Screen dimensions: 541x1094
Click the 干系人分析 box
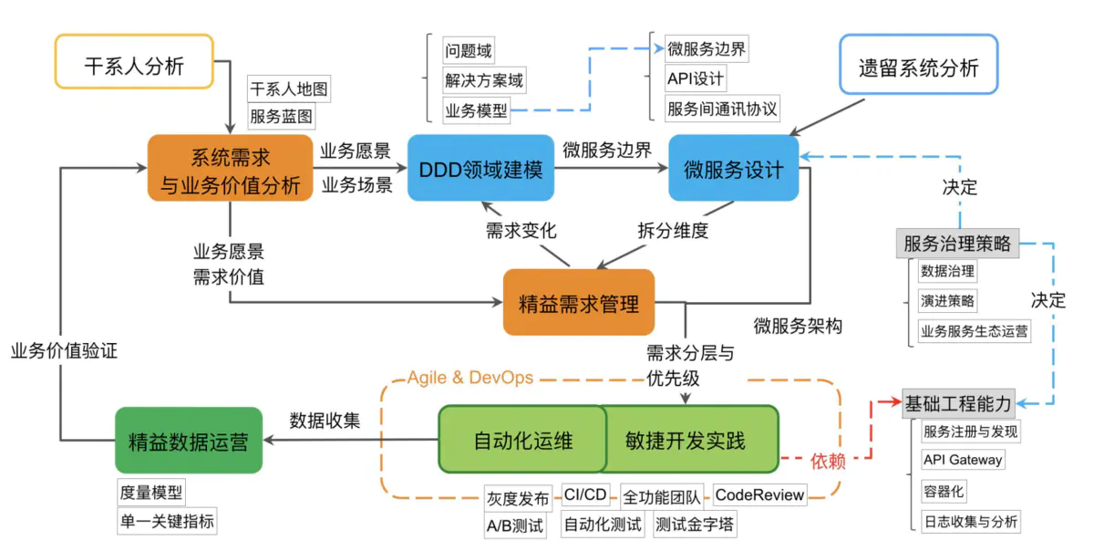pyautogui.click(x=134, y=62)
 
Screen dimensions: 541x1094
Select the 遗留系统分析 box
pyautogui.click(x=918, y=66)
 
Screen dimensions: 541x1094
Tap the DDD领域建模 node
pyautogui.click(x=480, y=168)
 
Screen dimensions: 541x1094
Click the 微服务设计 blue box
pyautogui.click(x=733, y=168)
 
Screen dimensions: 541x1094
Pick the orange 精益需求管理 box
pyautogui.click(x=579, y=302)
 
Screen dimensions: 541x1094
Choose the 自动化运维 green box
pyautogui.click(x=522, y=440)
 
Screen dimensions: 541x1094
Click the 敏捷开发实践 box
pyautogui.click(x=686, y=440)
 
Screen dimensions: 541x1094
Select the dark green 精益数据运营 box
pyautogui.click(x=188, y=441)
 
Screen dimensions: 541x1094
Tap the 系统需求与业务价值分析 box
pyautogui.click(x=231, y=168)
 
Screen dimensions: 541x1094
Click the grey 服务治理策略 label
pyautogui.click(x=957, y=244)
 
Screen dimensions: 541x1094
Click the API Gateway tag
pyautogui.click(x=963, y=460)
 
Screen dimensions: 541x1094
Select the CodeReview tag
pyautogui.click(x=759, y=495)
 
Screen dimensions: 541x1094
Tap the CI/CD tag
pyautogui.click(x=585, y=495)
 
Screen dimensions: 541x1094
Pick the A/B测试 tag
pyautogui.click(x=514, y=525)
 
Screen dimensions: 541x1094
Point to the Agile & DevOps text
pyautogui.click(x=470, y=378)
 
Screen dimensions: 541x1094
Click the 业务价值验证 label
pyautogui.click(x=64, y=349)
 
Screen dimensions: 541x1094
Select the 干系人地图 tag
pyautogui.click(x=289, y=89)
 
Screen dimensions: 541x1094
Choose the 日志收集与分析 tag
pyautogui.click(x=971, y=522)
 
